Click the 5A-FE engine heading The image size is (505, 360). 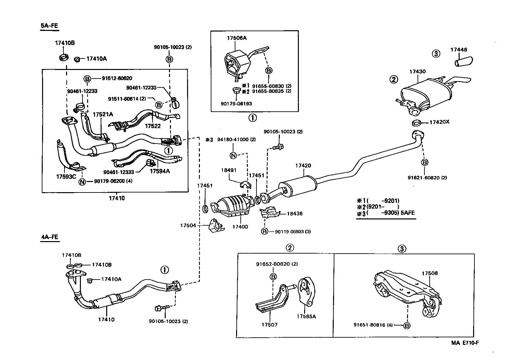(x=49, y=26)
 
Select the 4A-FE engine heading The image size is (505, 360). (x=49, y=237)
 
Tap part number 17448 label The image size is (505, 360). (x=458, y=50)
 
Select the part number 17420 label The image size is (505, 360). (x=303, y=166)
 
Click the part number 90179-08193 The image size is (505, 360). (x=236, y=103)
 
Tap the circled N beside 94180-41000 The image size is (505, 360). (x=233, y=155)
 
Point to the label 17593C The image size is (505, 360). (x=66, y=176)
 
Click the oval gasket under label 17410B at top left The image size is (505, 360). (x=63, y=58)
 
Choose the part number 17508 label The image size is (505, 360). (x=430, y=273)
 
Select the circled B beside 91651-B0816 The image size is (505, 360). (x=407, y=326)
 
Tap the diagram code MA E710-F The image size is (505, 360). (x=465, y=343)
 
